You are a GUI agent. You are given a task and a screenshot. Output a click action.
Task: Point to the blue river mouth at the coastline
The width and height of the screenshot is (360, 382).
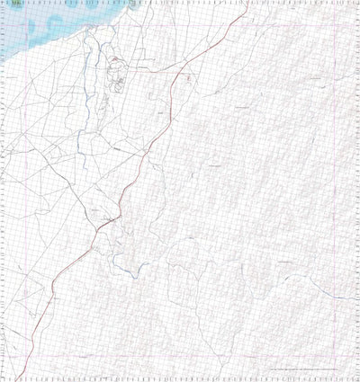click(x=88, y=36)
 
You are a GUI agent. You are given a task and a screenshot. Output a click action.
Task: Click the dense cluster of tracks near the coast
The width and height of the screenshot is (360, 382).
click(x=115, y=72)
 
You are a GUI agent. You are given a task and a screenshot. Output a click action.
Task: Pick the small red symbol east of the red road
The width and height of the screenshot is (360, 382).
click(x=188, y=79)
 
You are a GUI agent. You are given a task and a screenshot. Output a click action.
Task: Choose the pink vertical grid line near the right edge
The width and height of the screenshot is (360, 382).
click(x=352, y=180)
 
